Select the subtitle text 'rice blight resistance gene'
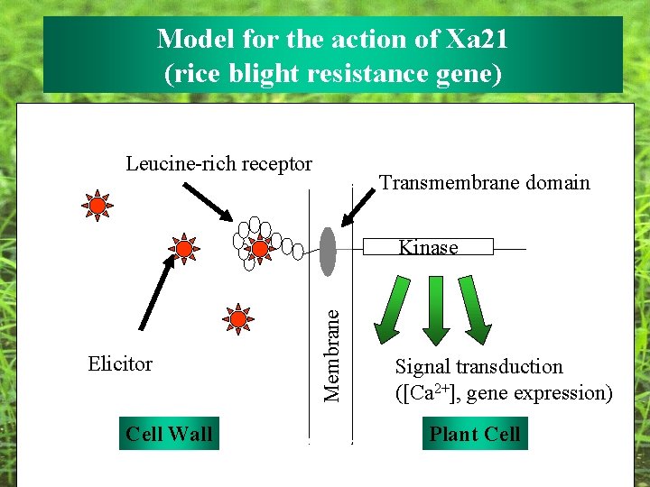click(x=332, y=73)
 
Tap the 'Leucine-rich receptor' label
click(x=218, y=164)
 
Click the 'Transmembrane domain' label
click(x=484, y=183)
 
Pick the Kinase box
click(x=428, y=247)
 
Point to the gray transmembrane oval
click(x=328, y=251)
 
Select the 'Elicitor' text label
click(x=120, y=364)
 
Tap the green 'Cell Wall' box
click(x=169, y=434)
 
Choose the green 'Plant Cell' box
click(x=475, y=434)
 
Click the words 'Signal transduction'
click(x=478, y=367)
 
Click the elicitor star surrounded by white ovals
click(x=260, y=248)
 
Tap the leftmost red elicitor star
click(x=96, y=206)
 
